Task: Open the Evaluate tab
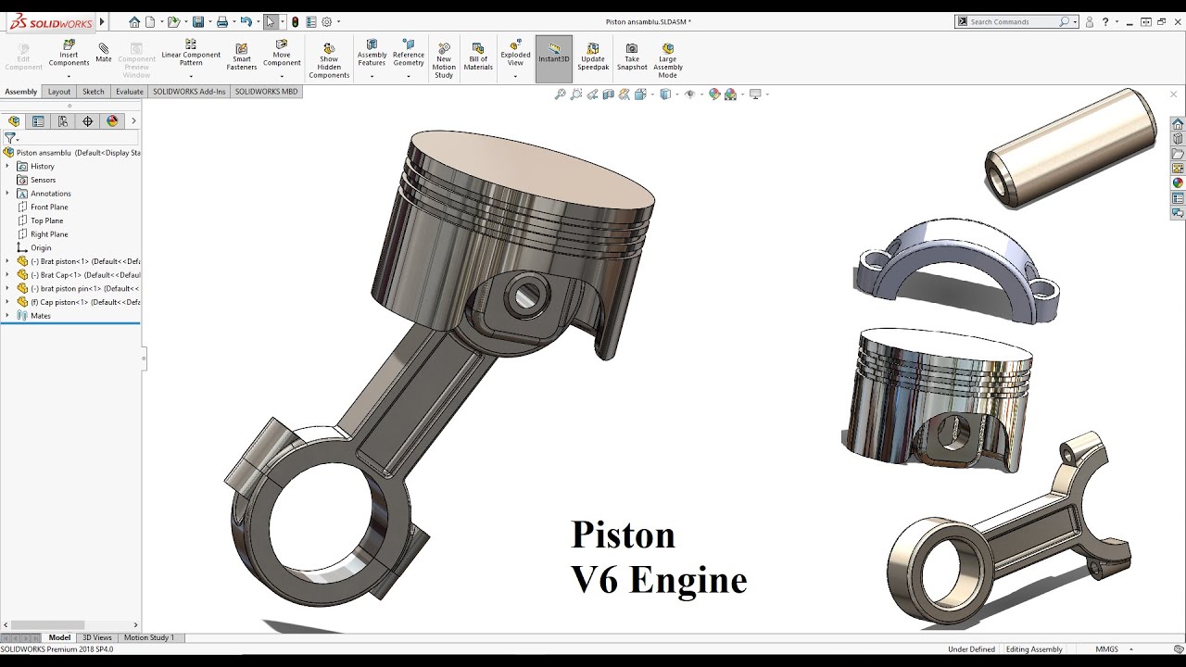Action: click(x=130, y=92)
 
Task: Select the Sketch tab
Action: click(x=93, y=92)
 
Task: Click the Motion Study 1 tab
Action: click(x=148, y=637)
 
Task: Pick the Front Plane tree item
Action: click(x=49, y=207)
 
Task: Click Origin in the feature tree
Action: click(x=41, y=247)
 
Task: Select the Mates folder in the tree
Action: click(x=41, y=315)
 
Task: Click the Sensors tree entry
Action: click(x=43, y=180)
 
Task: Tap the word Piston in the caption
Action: click(x=623, y=535)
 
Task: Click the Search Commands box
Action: click(x=1014, y=21)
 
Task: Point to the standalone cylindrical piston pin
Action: click(x=1070, y=148)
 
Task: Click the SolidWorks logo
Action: click(x=48, y=21)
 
